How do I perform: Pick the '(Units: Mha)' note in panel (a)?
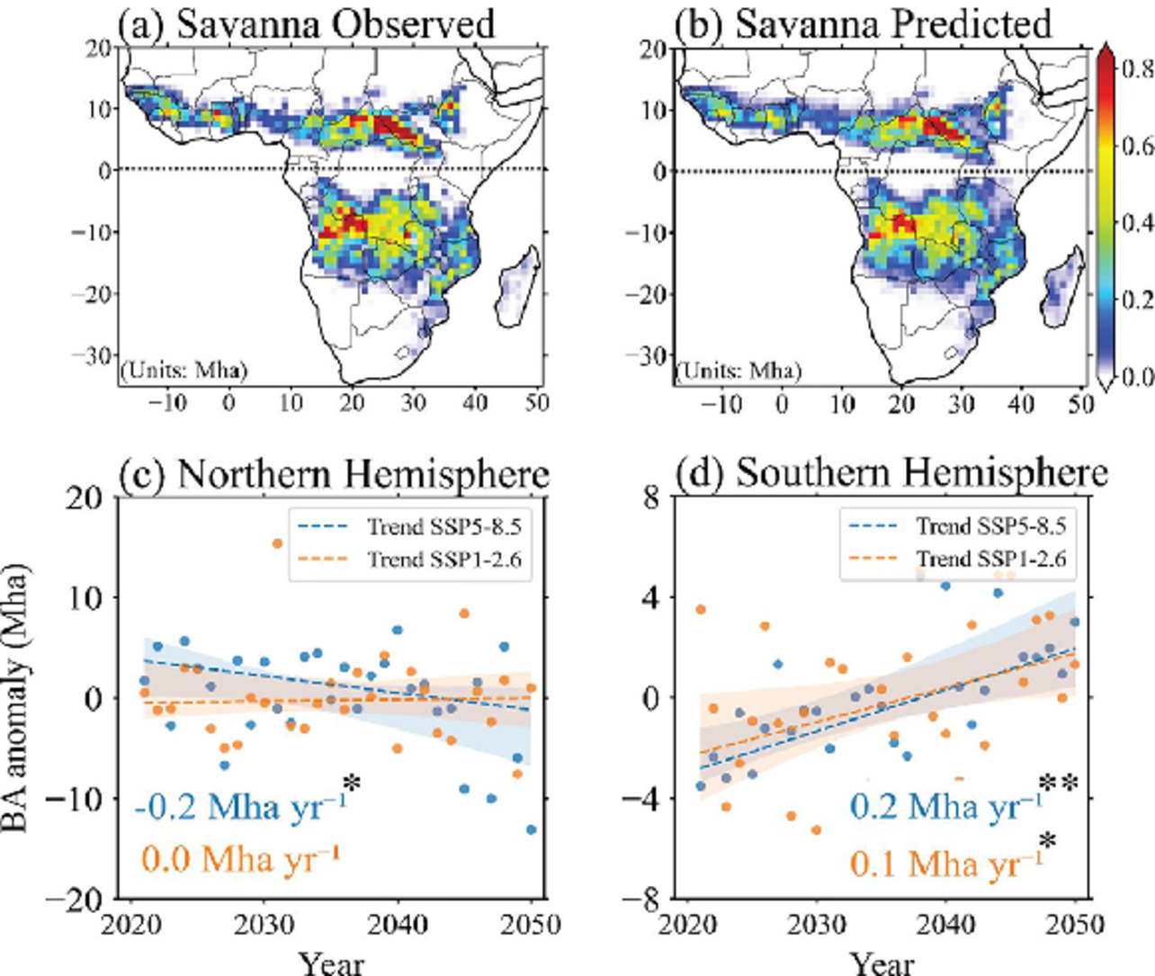click(184, 369)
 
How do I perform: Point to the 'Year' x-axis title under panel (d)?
click(882, 963)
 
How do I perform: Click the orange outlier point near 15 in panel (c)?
click(277, 543)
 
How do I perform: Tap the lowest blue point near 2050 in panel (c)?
click(531, 829)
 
